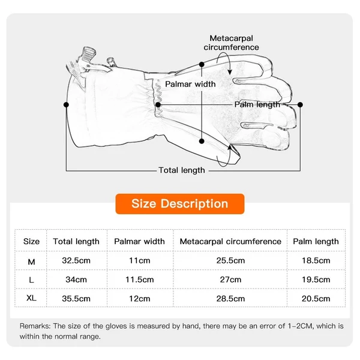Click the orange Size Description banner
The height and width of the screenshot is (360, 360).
tap(180, 203)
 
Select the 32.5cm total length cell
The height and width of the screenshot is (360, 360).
tap(76, 260)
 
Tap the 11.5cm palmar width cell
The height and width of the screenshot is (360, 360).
tap(140, 280)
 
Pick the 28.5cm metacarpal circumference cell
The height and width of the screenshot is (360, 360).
tap(230, 299)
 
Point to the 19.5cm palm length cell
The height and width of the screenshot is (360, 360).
tap(316, 280)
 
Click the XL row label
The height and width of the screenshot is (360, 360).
tap(31, 298)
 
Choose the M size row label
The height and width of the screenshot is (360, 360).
tap(31, 262)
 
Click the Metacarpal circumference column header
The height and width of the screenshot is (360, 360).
tap(230, 242)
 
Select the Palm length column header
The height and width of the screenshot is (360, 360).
tap(316, 242)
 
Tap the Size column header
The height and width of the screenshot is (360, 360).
tap(31, 242)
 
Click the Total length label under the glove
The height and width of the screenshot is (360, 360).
tap(182, 170)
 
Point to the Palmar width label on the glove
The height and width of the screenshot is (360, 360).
tap(190, 84)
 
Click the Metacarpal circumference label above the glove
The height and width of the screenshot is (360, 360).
tap(231, 43)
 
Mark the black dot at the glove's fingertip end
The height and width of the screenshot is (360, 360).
tap(300, 104)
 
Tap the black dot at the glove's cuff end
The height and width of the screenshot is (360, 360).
tap(66, 104)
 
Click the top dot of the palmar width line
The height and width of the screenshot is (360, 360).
tap(202, 65)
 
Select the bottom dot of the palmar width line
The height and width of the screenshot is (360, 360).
tap(202, 141)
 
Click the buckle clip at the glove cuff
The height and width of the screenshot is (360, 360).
tap(88, 56)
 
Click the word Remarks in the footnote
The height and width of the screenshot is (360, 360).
tap(35, 326)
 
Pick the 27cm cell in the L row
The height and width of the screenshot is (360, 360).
tap(230, 280)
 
